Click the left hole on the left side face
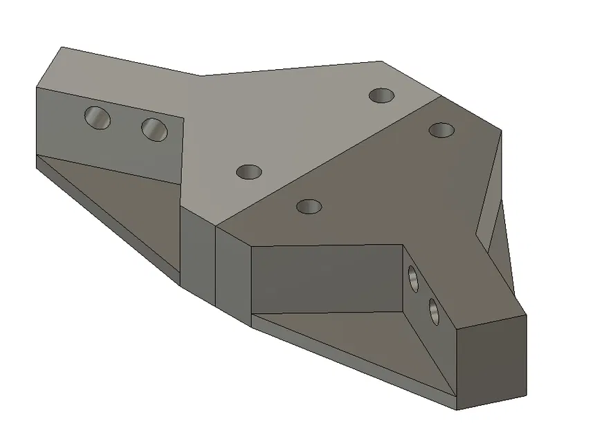pyautogui.click(x=98, y=118)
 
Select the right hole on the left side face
pyautogui.click(x=154, y=128)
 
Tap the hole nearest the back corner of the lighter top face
pyautogui.click(x=381, y=95)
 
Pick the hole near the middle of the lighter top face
pyautogui.click(x=248, y=171)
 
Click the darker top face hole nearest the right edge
pyautogui.click(x=441, y=129)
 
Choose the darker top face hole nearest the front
pyautogui.click(x=309, y=206)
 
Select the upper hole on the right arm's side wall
pyautogui.click(x=414, y=279)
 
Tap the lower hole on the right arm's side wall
pyautogui.click(x=434, y=311)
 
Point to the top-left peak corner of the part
pyautogui.click(x=62, y=47)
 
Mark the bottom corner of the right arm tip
pyautogui.click(x=457, y=409)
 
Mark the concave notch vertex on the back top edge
pyautogui.click(x=202, y=75)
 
